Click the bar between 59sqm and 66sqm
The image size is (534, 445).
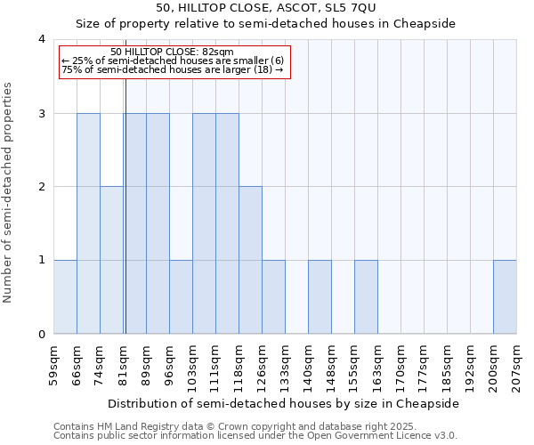(x=65, y=297)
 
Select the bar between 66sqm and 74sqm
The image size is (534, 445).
(x=88, y=223)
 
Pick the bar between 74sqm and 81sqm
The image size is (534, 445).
(x=111, y=260)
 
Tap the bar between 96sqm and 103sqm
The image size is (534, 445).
(x=181, y=297)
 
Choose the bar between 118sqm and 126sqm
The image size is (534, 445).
(x=250, y=260)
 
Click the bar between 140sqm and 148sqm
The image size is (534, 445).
(x=320, y=297)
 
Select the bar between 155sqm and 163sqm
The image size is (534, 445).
(x=366, y=297)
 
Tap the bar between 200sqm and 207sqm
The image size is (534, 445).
(x=505, y=297)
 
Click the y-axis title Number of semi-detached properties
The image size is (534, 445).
(x=10, y=192)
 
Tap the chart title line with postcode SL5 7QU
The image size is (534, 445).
(x=266, y=7)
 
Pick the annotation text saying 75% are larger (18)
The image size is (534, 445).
(x=174, y=69)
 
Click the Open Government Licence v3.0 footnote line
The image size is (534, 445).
(x=255, y=436)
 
